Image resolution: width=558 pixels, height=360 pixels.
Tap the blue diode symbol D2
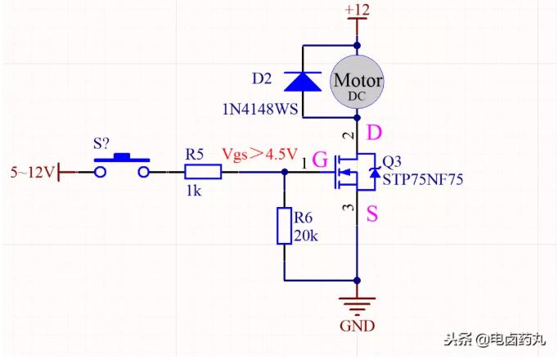coord(302,81)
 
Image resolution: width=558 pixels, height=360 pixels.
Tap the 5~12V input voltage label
coord(31,173)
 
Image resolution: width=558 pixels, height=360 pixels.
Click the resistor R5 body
coord(203,172)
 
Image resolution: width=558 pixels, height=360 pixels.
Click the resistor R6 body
coord(284,227)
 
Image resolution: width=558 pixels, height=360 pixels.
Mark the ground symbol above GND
coord(358,300)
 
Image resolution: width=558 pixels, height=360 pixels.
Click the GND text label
coord(358,326)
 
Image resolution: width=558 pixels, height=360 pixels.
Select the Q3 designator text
coord(393,160)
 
